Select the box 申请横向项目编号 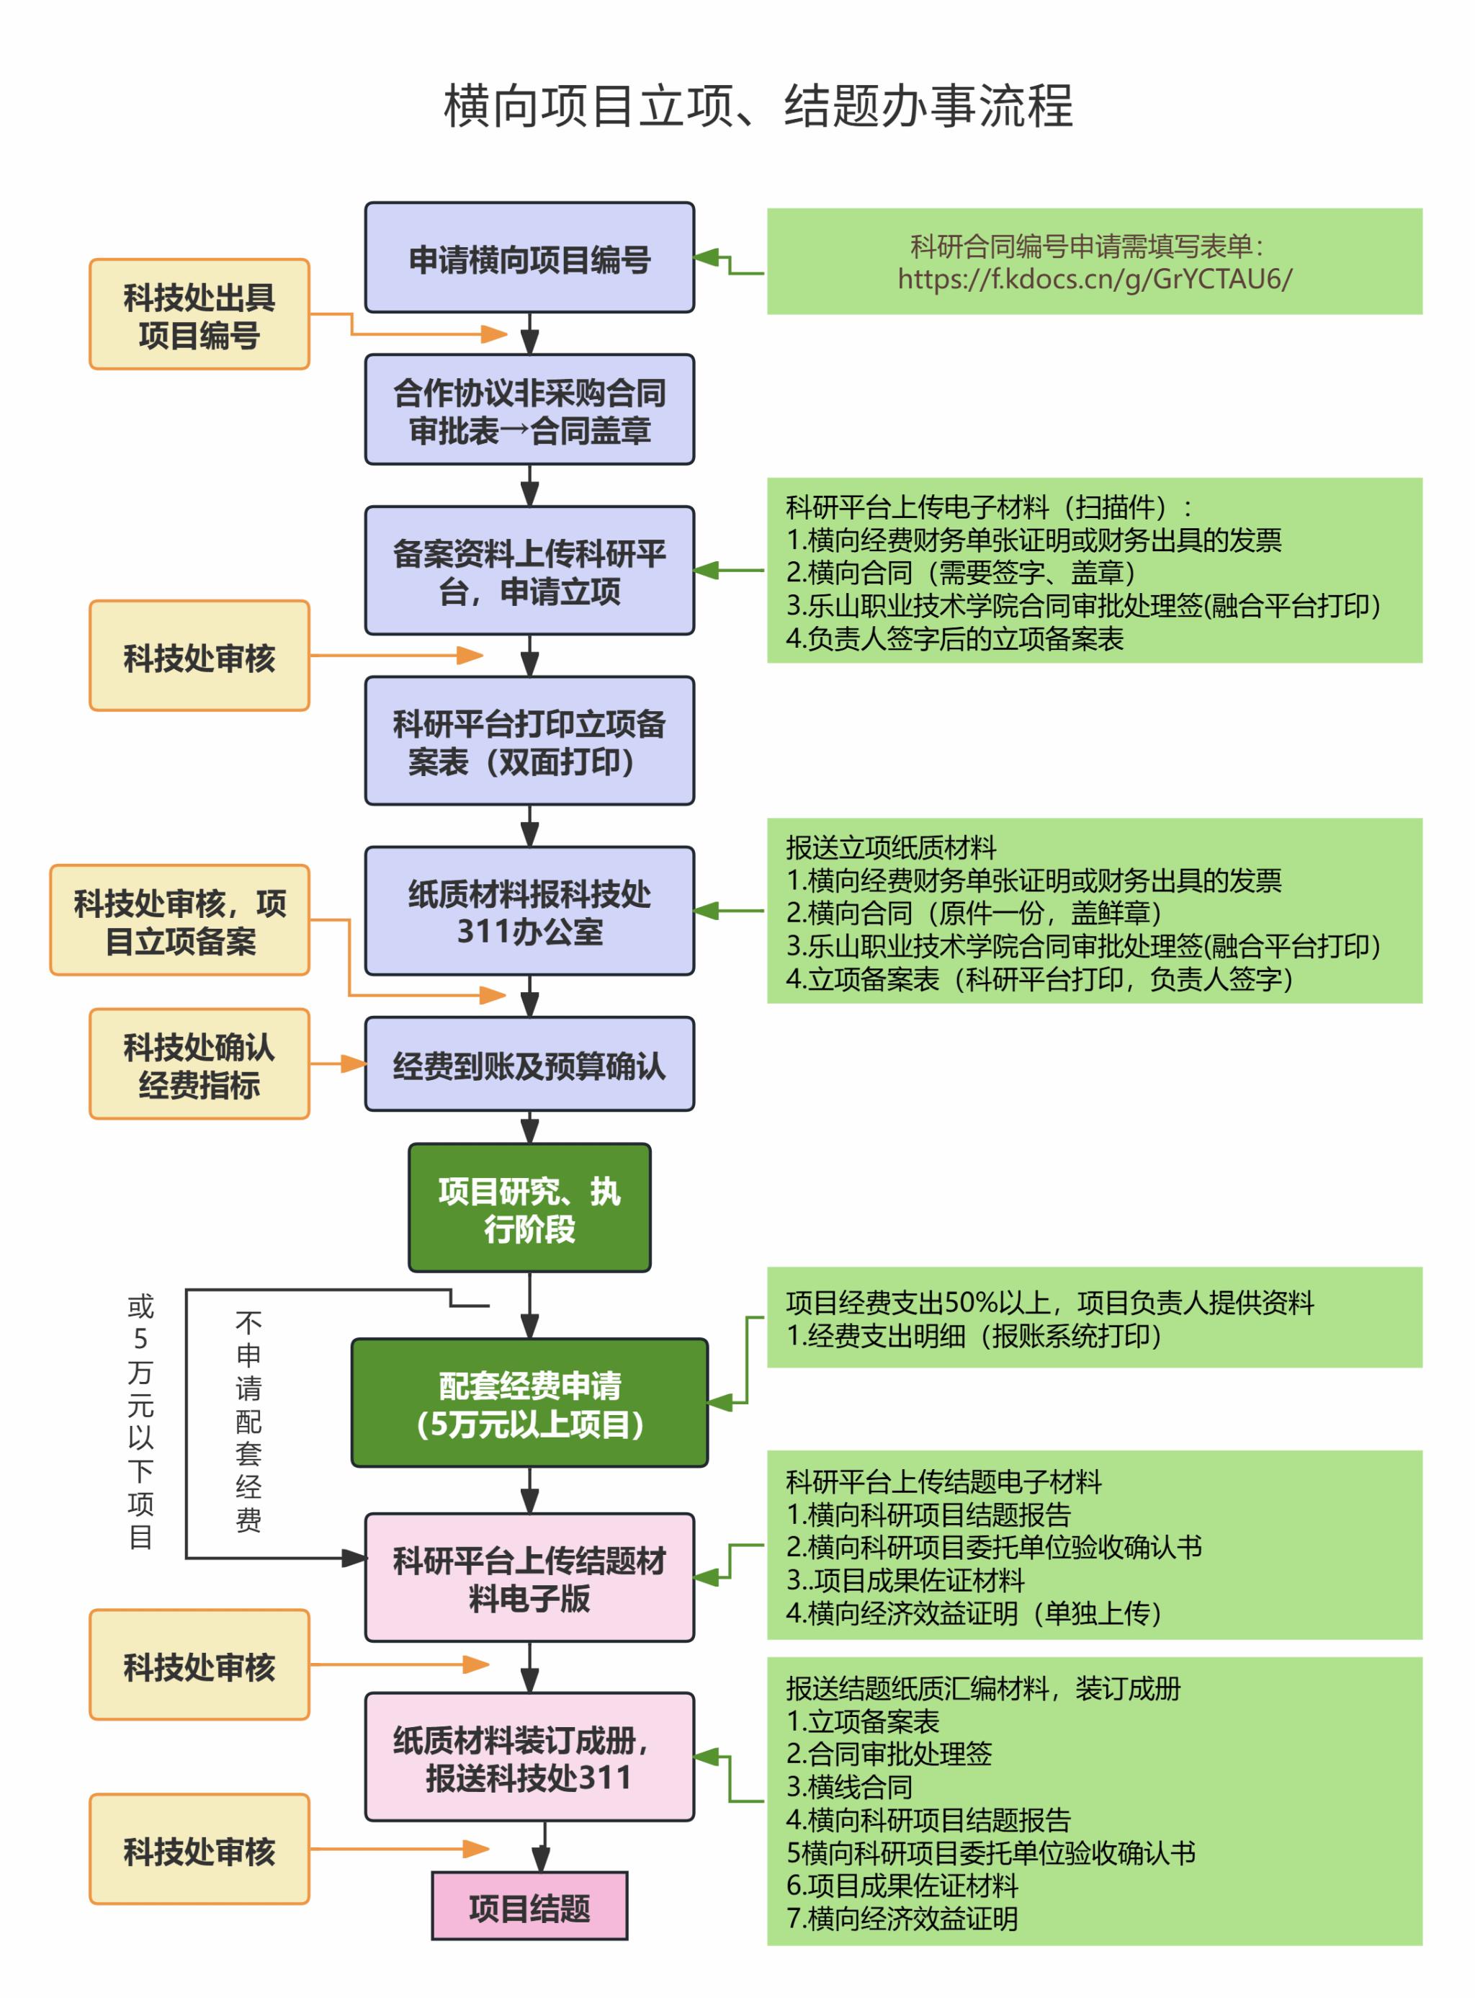pyautogui.click(x=529, y=258)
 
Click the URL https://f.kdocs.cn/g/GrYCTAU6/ pyautogui.click(x=1094, y=280)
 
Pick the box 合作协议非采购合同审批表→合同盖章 pyautogui.click(x=529, y=411)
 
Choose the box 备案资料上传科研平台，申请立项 pyautogui.click(x=529, y=571)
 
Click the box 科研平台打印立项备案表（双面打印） pyautogui.click(x=529, y=741)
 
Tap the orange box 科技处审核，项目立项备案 pyautogui.click(x=180, y=921)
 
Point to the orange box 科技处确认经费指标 pyautogui.click(x=199, y=1065)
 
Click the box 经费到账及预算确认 pyautogui.click(x=529, y=1065)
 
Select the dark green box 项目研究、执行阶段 pyautogui.click(x=529, y=1208)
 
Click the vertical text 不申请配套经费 pyautogui.click(x=248, y=1420)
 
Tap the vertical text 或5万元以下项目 pyautogui.click(x=140, y=1420)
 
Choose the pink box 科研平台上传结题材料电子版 pyautogui.click(x=529, y=1578)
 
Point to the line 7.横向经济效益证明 pyautogui.click(x=902, y=1917)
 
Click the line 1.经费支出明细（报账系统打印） pyautogui.click(x=973, y=1336)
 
